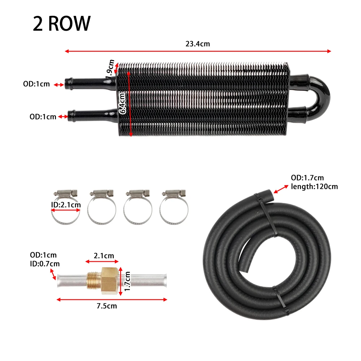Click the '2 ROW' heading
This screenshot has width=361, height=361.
[x=62, y=23]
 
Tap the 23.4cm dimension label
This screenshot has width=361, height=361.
[x=198, y=44]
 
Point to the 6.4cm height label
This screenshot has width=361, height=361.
[x=122, y=103]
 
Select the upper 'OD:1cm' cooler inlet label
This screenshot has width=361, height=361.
[x=36, y=84]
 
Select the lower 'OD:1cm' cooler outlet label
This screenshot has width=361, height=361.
[x=43, y=117]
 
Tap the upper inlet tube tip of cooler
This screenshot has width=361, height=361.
[x=67, y=84]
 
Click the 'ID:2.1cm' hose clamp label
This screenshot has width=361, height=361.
[x=66, y=205]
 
